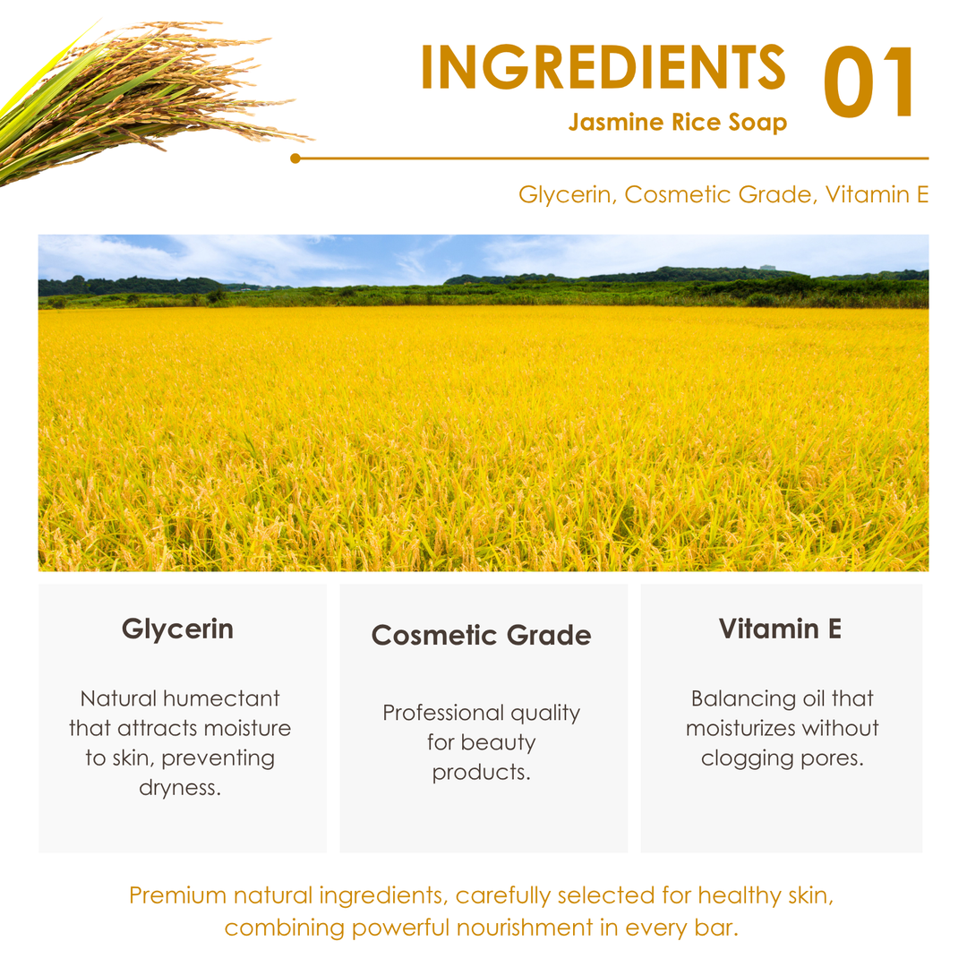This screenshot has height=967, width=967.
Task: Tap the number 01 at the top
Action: pyautogui.click(x=869, y=82)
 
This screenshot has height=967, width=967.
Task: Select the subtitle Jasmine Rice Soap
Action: pyautogui.click(x=678, y=122)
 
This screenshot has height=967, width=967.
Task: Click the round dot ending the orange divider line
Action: pyautogui.click(x=295, y=158)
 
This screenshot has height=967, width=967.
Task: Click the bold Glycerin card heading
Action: pyautogui.click(x=177, y=629)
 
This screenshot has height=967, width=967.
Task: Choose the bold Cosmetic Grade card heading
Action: pyautogui.click(x=481, y=635)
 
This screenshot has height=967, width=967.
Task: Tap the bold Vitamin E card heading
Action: pyautogui.click(x=780, y=629)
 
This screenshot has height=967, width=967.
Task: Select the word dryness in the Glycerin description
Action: pyautogui.click(x=178, y=788)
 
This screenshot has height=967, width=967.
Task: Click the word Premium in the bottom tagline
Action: pyautogui.click(x=177, y=895)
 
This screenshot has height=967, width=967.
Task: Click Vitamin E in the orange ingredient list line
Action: pyautogui.click(x=877, y=194)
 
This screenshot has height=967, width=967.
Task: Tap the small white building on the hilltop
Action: pyautogui.click(x=766, y=268)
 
